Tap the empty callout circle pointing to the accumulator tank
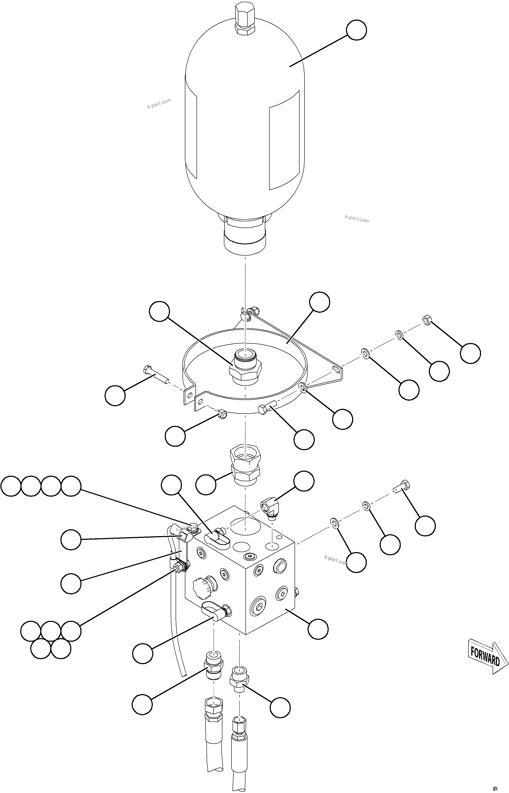(x=356, y=30)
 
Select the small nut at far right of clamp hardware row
(x=427, y=320)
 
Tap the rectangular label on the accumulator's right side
(x=284, y=140)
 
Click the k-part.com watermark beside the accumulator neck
(x=357, y=219)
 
